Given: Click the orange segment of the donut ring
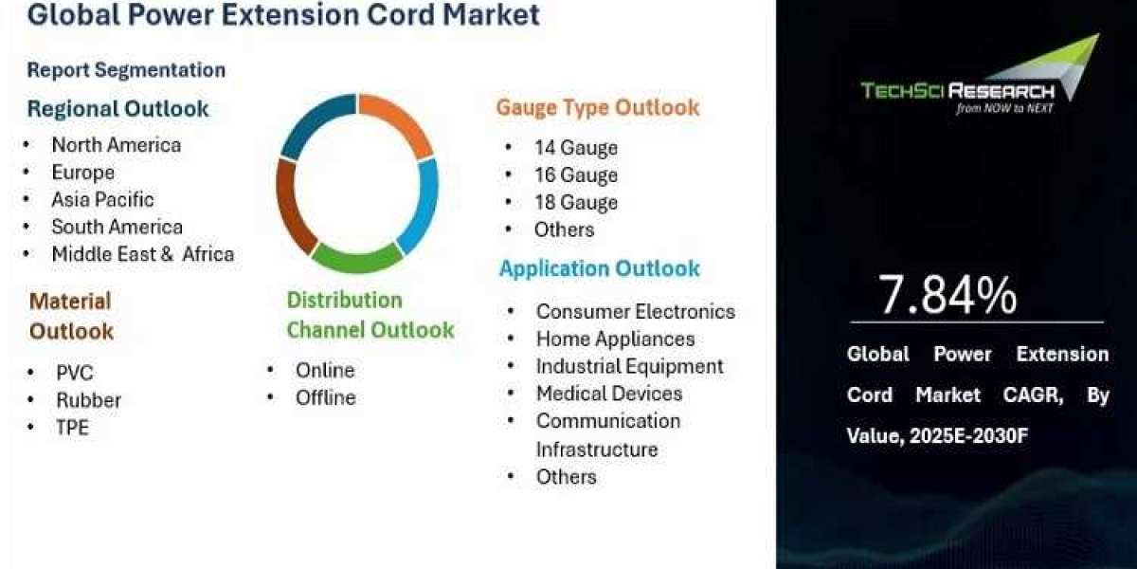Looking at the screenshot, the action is (401, 119).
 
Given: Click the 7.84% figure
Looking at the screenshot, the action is (947, 295).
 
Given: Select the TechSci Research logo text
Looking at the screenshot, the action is (957, 91).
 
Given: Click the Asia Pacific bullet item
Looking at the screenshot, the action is (102, 200).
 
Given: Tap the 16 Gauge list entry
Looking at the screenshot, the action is (576, 175).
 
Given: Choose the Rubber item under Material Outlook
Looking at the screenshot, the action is (89, 400).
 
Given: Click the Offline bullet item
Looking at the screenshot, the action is (326, 397).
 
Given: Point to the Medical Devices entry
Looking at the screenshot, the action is (609, 394).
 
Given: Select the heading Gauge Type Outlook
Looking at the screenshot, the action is (598, 108).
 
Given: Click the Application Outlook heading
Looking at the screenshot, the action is (600, 268).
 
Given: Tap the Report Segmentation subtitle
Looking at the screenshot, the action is (126, 70).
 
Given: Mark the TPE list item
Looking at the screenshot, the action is (73, 428).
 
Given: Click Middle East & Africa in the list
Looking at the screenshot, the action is (143, 254).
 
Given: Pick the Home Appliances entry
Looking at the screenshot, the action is (616, 340).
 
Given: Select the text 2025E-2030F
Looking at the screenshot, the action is (968, 436).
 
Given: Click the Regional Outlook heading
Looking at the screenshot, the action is (117, 109).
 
